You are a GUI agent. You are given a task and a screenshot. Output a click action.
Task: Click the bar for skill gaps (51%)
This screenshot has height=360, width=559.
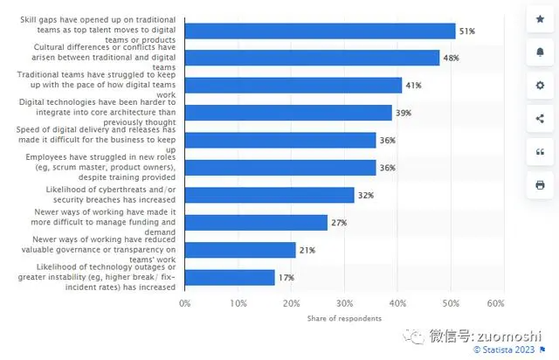[320, 31]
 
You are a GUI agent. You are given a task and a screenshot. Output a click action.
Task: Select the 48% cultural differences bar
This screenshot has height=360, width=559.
[312, 58]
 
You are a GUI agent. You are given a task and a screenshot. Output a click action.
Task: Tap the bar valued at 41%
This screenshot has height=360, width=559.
[293, 86]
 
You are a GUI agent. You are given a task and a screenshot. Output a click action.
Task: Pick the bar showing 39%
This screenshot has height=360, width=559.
[288, 113]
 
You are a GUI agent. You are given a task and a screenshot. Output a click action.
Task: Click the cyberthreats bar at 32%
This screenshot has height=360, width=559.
[269, 195]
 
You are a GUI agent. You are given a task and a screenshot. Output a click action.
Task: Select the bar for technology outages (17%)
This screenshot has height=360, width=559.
[230, 277]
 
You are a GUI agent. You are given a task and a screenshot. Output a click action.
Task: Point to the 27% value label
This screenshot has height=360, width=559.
[339, 223]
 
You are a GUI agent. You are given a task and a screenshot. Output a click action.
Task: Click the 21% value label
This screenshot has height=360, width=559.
[307, 250]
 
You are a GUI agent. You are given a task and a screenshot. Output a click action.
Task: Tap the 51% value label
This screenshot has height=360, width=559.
[467, 31]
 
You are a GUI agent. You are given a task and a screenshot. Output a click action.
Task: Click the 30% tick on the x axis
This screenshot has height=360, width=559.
[344, 303]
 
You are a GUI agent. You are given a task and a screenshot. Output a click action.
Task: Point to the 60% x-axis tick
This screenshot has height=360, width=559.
[495, 303]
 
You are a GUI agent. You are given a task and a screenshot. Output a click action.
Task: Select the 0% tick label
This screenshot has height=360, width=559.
[184, 303]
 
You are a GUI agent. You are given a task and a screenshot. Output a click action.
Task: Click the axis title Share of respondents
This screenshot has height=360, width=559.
[344, 319]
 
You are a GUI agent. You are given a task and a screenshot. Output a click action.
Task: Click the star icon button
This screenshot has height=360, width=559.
[539, 19]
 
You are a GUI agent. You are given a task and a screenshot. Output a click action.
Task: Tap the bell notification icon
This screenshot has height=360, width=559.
[539, 52]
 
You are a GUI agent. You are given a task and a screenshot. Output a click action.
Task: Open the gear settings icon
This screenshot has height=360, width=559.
[539, 86]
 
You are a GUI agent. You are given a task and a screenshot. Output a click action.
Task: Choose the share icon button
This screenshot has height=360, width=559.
[539, 119]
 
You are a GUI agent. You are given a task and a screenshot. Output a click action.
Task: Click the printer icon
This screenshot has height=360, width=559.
[539, 185]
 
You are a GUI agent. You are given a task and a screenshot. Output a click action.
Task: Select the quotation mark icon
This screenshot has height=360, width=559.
[539, 152]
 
